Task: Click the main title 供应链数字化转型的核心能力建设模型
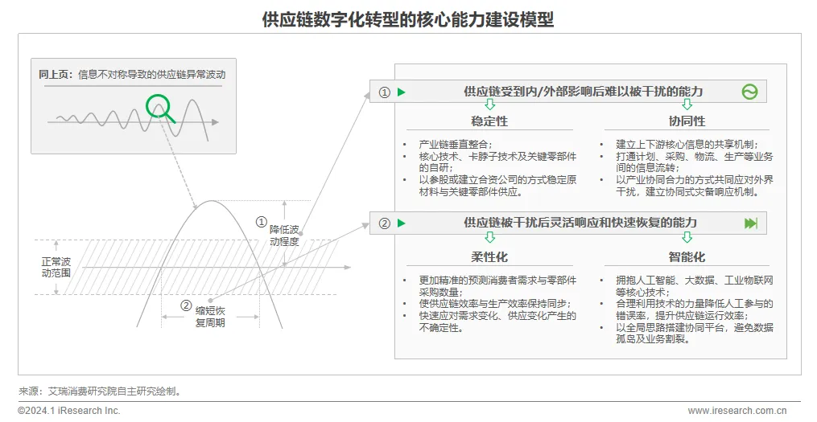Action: pyautogui.click(x=408, y=19)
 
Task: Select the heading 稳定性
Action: pyautogui.click(x=489, y=121)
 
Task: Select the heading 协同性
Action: pyautogui.click(x=687, y=121)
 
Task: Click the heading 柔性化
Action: pyautogui.click(x=489, y=257)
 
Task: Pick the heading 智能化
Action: pyautogui.click(x=687, y=257)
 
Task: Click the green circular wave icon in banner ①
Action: pyautogui.click(x=749, y=92)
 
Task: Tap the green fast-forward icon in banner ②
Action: pyautogui.click(x=750, y=223)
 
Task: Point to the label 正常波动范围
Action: pyautogui.click(x=56, y=268)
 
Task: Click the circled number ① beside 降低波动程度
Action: pyautogui.click(x=261, y=221)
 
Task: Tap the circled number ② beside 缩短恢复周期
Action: pyautogui.click(x=186, y=305)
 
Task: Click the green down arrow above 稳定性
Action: pyautogui.click(x=489, y=105)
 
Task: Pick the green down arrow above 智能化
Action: pyautogui.click(x=687, y=238)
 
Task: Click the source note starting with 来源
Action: pyautogui.click(x=100, y=391)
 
